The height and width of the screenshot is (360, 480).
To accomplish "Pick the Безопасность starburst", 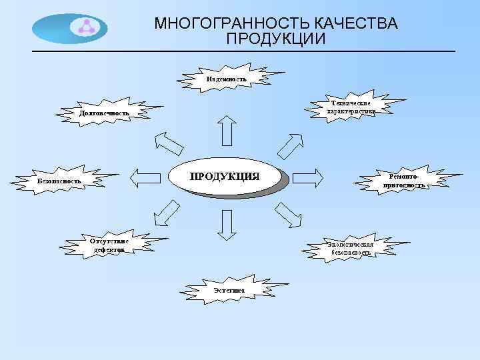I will click(x=59, y=180).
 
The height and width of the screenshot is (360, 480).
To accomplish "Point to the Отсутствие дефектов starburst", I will click(x=110, y=244).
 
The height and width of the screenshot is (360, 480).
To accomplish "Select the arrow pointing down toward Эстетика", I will click(x=227, y=225).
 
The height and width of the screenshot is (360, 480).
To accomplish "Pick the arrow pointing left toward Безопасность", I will click(x=147, y=177).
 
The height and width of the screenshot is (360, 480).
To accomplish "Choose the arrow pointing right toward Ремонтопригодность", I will click(x=309, y=177).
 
